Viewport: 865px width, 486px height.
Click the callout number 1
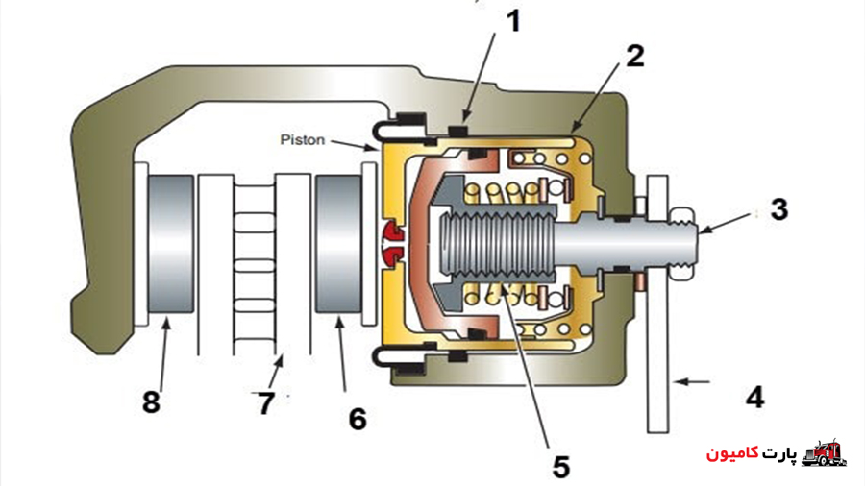tap(513, 21)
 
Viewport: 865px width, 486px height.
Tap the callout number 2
tap(635, 57)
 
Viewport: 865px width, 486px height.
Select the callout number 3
tap(778, 209)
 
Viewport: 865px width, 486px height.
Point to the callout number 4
tap(754, 397)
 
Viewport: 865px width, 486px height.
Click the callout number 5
tap(560, 467)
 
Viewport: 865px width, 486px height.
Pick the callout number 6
tap(358, 419)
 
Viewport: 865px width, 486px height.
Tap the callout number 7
tap(266, 403)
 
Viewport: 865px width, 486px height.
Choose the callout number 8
tap(151, 402)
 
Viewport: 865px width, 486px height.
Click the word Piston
tap(303, 140)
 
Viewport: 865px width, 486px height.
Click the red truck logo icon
tap(824, 453)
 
